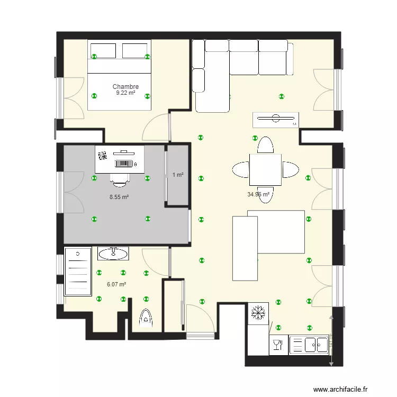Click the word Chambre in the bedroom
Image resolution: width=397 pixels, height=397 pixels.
click(125, 87)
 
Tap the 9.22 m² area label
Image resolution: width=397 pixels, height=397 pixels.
click(125, 93)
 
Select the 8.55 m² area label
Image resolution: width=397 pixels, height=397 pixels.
click(119, 197)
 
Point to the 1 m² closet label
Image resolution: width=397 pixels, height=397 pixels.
click(178, 175)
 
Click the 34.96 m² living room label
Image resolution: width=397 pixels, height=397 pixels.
click(258, 194)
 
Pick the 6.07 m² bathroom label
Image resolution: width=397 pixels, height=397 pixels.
click(116, 284)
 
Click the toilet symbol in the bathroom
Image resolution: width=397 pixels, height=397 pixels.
click(145, 318)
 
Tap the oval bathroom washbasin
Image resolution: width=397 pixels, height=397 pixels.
click(113, 254)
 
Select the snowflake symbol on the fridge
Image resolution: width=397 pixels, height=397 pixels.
click(258, 312)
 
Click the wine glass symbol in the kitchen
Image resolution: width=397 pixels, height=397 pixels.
click(277, 346)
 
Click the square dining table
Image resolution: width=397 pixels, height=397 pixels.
click(265, 169)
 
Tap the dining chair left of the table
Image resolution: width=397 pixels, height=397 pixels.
click(240, 170)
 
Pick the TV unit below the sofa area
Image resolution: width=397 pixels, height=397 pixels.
click(276, 120)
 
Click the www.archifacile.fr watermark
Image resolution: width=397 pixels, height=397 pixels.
click(340, 389)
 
